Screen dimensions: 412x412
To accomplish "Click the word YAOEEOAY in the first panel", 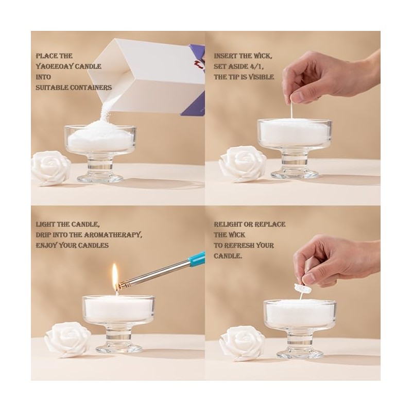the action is (x=55, y=66).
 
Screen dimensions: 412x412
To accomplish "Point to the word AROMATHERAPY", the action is (x=113, y=235).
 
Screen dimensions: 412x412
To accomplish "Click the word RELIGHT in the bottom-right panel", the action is (x=227, y=225).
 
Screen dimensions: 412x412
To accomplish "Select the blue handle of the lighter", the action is (x=197, y=258).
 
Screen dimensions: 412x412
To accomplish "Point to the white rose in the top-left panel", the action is (x=50, y=168).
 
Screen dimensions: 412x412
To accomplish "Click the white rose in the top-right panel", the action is (x=242, y=164).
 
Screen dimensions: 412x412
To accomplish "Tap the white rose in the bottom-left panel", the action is (x=68, y=340).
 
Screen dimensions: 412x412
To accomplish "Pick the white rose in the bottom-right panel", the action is (x=242, y=344).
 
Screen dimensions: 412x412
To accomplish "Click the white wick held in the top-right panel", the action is (x=291, y=110).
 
